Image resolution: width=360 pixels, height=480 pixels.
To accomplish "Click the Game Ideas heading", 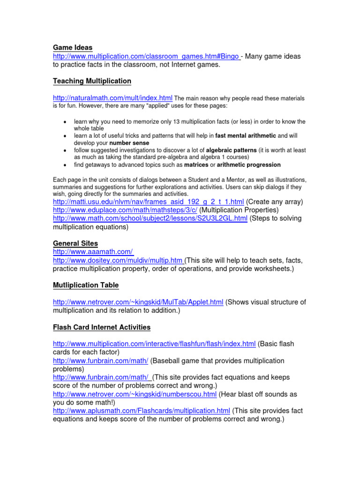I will tap(73, 47).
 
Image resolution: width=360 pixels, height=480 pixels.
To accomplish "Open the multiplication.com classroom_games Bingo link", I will tap(146, 56).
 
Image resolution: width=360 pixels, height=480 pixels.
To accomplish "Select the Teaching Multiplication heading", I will tap(92, 81).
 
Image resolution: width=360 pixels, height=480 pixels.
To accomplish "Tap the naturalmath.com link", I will tap(112, 98).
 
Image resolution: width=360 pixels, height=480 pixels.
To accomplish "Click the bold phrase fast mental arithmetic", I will tap(246, 135).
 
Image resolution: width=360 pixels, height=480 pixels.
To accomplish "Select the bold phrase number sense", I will tap(129, 142).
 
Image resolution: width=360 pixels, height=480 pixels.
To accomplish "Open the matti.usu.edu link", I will tap(149, 202).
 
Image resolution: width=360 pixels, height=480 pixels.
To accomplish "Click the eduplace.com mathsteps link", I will tap(125, 210).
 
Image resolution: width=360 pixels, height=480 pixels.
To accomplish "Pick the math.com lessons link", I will tap(150, 218).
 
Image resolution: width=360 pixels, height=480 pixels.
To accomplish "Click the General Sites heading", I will tap(75, 243).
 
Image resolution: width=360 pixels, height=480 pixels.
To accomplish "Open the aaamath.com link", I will tap(93, 252).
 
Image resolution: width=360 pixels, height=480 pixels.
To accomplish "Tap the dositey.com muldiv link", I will tap(119, 260).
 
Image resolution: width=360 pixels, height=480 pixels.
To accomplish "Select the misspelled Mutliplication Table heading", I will tap(86, 285).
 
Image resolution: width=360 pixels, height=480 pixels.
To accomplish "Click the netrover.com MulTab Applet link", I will tap(138, 302).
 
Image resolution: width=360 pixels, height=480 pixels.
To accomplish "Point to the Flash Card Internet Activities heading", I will tap(102, 327).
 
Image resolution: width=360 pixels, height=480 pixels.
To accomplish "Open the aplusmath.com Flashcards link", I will tap(142, 411).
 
